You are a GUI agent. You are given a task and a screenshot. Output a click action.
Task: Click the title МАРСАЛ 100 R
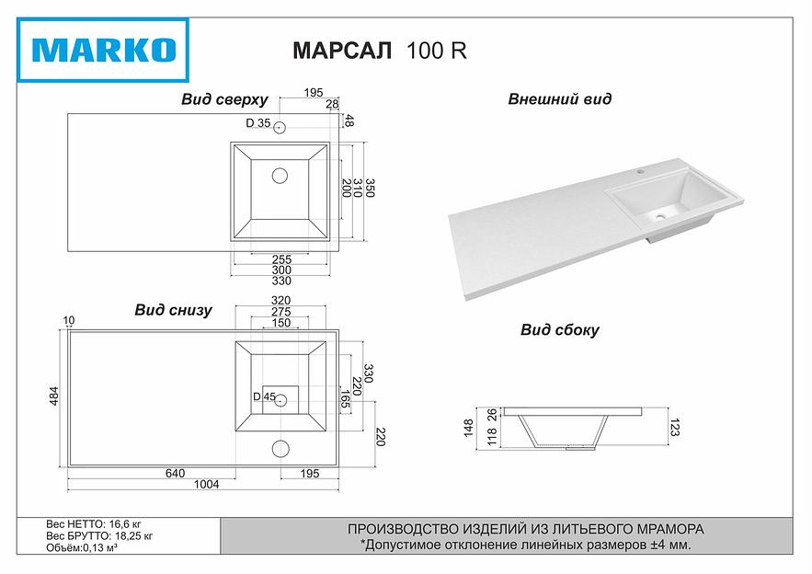[379, 52]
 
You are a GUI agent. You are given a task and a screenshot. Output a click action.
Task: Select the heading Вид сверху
[223, 99]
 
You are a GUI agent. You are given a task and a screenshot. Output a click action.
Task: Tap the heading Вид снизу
[173, 310]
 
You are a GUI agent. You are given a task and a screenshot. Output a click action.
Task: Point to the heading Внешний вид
[559, 99]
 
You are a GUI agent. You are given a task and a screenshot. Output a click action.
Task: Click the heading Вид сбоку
[559, 329]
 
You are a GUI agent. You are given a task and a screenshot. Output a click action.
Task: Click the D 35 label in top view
[257, 123]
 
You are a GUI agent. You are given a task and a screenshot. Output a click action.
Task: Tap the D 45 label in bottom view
[264, 397]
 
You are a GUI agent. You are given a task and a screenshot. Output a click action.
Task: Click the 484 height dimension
[53, 396]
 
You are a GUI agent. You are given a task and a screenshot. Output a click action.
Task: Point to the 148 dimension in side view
[469, 427]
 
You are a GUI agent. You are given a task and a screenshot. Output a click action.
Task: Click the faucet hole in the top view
[280, 127]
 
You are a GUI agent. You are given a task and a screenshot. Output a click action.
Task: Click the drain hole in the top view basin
[280, 174]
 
